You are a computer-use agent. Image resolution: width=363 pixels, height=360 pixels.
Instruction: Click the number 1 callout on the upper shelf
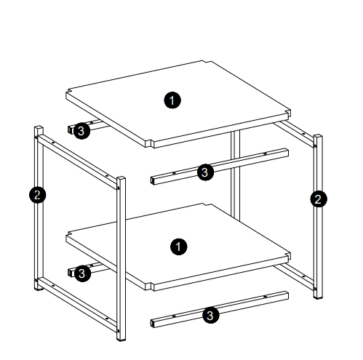pyautogui.click(x=172, y=100)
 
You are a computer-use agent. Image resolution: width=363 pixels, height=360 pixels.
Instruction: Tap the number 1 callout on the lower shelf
pyautogui.click(x=179, y=247)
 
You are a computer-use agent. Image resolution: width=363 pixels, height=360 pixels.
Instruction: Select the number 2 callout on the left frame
pyautogui.click(x=37, y=195)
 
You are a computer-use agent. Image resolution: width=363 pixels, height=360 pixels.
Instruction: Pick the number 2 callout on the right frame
pyautogui.click(x=319, y=199)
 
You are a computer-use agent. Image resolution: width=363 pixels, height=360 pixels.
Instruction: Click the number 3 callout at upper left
pyautogui.click(x=81, y=131)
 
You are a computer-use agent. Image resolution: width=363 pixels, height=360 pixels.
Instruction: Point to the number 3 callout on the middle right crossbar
pyautogui.click(x=205, y=172)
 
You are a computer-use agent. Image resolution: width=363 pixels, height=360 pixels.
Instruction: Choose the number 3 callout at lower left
pyautogui.click(x=82, y=273)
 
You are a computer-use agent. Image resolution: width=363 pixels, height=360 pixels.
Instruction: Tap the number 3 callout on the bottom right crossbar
pyautogui.click(x=211, y=315)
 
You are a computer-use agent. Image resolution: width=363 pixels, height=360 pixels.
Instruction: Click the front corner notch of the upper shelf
pyautogui.click(x=150, y=143)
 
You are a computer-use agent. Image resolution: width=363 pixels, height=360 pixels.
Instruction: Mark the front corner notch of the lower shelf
pyautogui.click(x=150, y=286)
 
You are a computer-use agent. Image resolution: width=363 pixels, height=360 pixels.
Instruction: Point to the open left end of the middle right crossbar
pyautogui.click(x=153, y=181)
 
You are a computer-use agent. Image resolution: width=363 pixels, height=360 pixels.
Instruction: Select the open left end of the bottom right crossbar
pyautogui.click(x=153, y=324)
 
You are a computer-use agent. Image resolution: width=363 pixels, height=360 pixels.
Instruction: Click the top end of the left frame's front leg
pyautogui.click(x=121, y=178)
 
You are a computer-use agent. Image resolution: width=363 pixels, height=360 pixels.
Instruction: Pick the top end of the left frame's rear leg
pyautogui.click(x=39, y=128)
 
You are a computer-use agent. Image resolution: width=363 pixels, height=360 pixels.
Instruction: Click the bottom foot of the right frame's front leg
pyautogui.click(x=318, y=297)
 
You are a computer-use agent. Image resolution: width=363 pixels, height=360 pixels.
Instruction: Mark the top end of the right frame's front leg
pyautogui.click(x=318, y=136)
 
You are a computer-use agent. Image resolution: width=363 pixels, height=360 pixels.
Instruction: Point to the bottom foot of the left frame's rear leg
pyautogui.click(x=39, y=288)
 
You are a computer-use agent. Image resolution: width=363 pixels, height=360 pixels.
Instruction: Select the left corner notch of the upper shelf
pyautogui.click(x=68, y=92)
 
